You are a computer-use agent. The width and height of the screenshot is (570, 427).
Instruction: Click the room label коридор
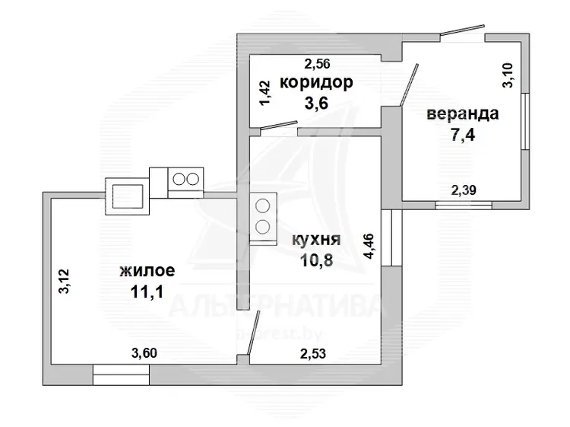pos(316,83)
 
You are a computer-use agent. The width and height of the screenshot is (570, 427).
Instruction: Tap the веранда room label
pos(462,113)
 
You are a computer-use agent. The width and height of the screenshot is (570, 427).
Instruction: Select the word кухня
pos(316,240)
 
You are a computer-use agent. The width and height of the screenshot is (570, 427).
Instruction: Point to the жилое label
pos(147,271)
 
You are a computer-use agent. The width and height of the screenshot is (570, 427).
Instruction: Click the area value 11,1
pos(147,292)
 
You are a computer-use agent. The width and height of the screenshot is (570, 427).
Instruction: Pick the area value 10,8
pos(317,260)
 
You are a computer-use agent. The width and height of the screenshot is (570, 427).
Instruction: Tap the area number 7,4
pos(463,135)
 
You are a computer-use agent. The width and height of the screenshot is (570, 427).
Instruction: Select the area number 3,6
pos(316,103)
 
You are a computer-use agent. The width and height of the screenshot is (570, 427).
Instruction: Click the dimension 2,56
pos(317,64)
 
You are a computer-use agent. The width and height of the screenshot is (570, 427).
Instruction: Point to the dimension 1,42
pos(264,93)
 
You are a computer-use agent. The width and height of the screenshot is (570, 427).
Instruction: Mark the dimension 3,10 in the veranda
pos(508,75)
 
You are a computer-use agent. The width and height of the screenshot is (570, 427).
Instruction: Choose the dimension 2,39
pos(464,190)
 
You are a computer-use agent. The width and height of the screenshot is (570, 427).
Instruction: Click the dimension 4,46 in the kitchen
pos(369,246)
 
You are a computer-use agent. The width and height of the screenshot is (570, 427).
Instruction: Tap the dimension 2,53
pos(313,353)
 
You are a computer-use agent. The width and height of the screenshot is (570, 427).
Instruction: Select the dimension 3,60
pos(144,352)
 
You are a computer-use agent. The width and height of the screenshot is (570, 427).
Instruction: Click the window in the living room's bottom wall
pos(121,374)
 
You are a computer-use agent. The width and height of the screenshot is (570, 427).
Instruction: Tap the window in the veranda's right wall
pos(525,121)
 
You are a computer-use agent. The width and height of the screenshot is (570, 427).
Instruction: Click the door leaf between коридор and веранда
pos(410,85)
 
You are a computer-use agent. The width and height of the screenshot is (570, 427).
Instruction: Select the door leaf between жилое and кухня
pos(253,333)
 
